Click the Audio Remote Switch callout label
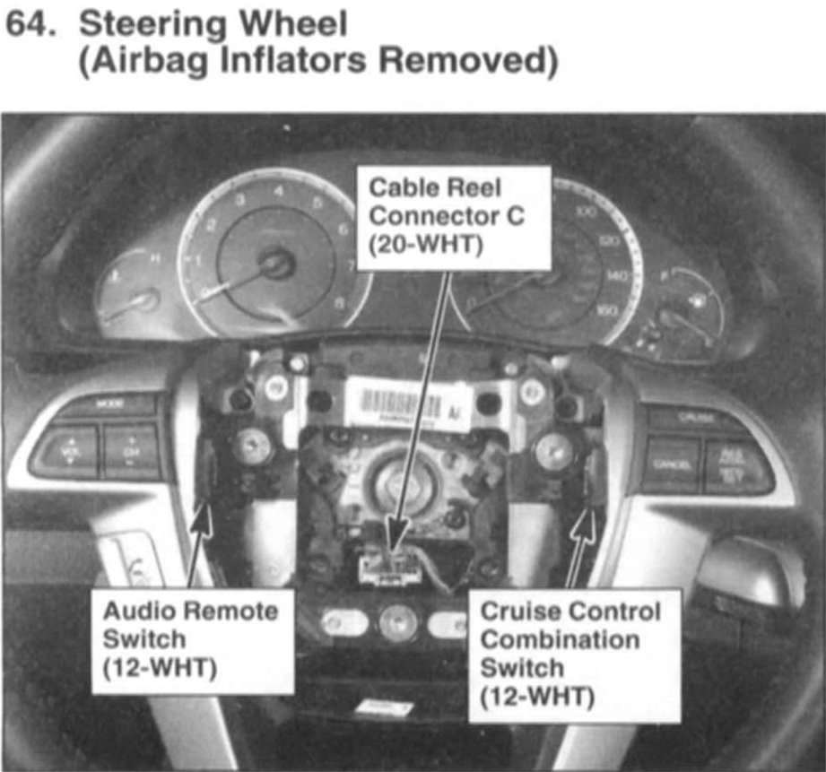[191, 639]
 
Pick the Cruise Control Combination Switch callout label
[571, 653]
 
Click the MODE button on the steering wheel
[107, 404]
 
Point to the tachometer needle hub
[273, 263]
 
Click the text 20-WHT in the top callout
[420, 244]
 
